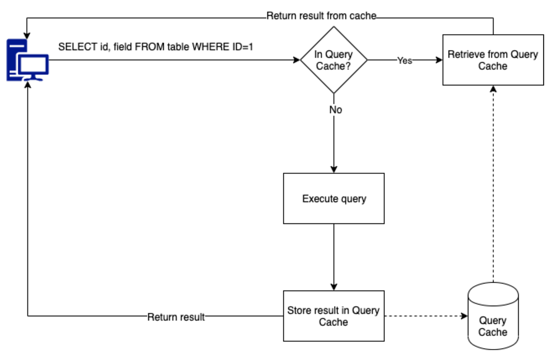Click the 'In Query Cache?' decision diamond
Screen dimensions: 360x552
333,60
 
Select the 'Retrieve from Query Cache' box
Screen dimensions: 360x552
492,60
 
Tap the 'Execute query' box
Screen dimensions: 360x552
333,198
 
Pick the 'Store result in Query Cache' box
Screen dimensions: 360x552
333,316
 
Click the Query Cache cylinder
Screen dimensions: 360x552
493,318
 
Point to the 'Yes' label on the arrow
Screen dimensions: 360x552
404,61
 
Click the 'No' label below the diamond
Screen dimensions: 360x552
335,110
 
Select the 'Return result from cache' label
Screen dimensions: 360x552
321,16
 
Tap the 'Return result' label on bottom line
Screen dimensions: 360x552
176,317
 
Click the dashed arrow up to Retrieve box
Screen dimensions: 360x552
493,184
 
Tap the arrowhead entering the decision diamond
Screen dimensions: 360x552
297,60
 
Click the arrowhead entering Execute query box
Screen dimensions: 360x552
333,169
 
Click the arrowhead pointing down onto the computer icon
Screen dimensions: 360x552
28,35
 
